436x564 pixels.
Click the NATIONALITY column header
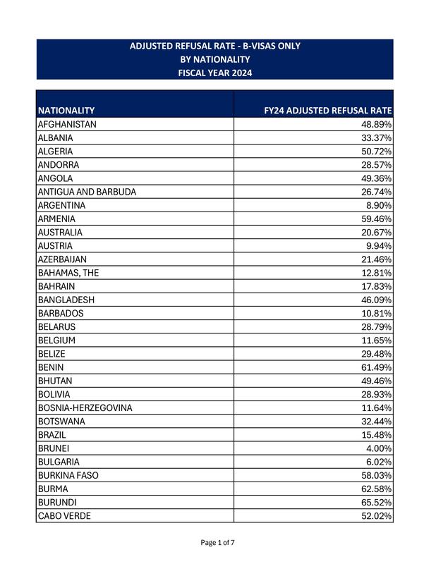[66, 111]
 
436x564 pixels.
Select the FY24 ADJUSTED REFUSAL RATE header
[327, 111]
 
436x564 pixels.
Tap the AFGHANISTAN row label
[67, 124]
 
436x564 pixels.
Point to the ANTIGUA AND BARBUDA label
[87, 192]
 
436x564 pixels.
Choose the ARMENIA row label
[56, 219]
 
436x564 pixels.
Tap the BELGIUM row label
[56, 341]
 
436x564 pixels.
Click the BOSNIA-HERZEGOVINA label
[85, 408]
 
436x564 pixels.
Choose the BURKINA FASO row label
[68, 476]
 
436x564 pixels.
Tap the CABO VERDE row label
[65, 516]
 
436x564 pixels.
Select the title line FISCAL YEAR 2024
[214, 73]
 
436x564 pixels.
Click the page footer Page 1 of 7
[218, 543]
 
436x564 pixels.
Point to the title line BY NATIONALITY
[214, 59]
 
